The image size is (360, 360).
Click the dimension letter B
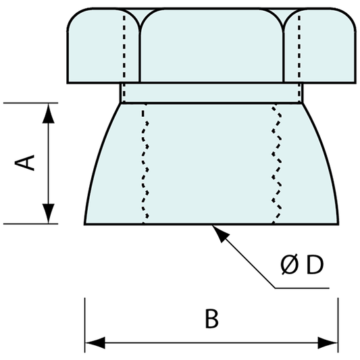[211, 319]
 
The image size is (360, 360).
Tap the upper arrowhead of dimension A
[48, 111]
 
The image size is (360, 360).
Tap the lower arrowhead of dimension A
[48, 214]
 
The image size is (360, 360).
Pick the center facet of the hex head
[211, 47]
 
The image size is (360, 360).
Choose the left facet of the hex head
[101, 51]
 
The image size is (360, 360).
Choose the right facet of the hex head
[322, 51]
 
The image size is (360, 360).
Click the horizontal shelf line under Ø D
[304, 288]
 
